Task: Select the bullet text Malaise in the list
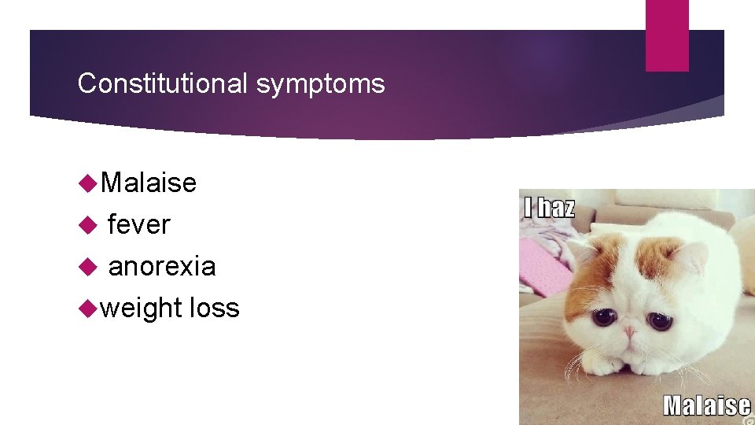(149, 183)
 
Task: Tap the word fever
(138, 224)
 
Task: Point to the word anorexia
(161, 266)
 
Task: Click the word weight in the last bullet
(142, 308)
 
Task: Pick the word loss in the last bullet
(214, 307)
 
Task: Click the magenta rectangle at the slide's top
(666, 35)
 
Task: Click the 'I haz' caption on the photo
(549, 208)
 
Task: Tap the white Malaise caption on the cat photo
(706, 405)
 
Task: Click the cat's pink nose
(628, 331)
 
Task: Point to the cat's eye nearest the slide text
(604, 317)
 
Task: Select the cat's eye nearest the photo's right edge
(660, 320)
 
